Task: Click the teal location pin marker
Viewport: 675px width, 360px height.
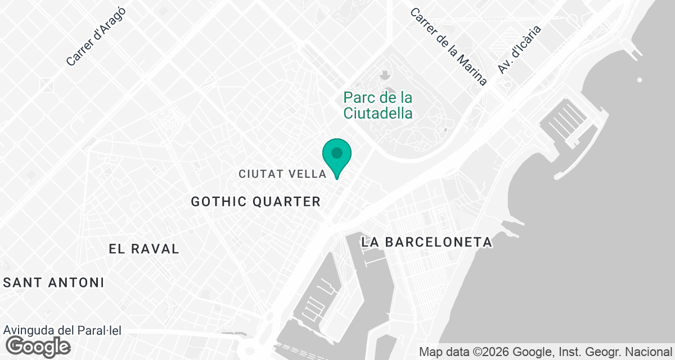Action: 337,155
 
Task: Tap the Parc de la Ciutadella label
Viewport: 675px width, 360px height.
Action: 378,105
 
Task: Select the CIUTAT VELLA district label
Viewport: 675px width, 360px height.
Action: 282,174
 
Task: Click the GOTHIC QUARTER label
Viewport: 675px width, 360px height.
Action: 256,201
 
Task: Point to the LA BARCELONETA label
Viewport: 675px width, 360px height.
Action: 427,242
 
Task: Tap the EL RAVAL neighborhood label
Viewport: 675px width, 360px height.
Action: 144,249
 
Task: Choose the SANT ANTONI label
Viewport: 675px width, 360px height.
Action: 53,282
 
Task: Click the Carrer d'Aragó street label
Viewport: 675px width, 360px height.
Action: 96,37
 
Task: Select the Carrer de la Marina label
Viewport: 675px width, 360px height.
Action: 448,47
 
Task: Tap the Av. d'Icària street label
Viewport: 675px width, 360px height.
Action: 519,49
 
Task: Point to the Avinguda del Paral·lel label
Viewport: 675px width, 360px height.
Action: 62,331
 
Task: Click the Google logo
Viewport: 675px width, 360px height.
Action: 38,346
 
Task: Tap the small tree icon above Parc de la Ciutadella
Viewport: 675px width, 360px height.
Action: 385,75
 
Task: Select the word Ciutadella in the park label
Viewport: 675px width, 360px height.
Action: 378,113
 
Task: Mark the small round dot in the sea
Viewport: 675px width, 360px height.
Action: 640,80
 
